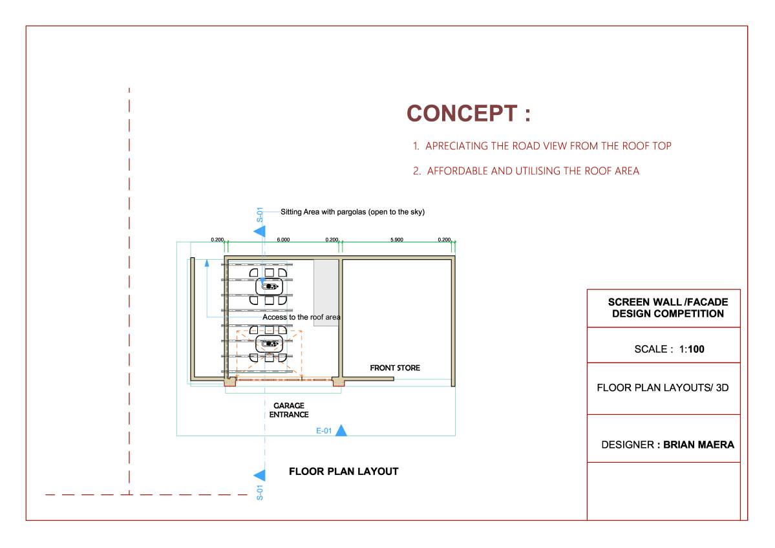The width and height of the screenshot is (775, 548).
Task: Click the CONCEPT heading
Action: coord(469,114)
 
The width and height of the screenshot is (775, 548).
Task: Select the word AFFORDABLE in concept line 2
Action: coord(458,171)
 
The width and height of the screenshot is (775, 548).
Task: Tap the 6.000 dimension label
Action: coord(283,240)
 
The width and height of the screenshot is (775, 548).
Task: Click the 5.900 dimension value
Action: coord(396,240)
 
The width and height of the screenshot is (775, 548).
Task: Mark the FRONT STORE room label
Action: coord(395,368)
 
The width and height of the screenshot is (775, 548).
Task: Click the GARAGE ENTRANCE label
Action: coord(289,410)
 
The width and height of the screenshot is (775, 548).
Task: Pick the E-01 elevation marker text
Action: coord(324,431)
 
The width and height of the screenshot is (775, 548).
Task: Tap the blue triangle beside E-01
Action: coord(341,430)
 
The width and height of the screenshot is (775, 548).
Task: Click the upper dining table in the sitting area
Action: coord(270,286)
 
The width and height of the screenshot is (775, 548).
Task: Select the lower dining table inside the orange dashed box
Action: coord(270,343)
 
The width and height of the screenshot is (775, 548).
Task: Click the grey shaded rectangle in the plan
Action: coord(326,293)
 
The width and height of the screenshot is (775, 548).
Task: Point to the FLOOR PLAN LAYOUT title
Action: coord(343,472)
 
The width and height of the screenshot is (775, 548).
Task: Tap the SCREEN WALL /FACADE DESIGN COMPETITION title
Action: coord(668,308)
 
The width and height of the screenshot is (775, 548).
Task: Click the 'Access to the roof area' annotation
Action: coord(301,317)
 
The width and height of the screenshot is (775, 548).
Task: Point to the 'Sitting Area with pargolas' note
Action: coord(352,212)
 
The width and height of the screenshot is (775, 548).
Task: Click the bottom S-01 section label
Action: coord(260,492)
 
